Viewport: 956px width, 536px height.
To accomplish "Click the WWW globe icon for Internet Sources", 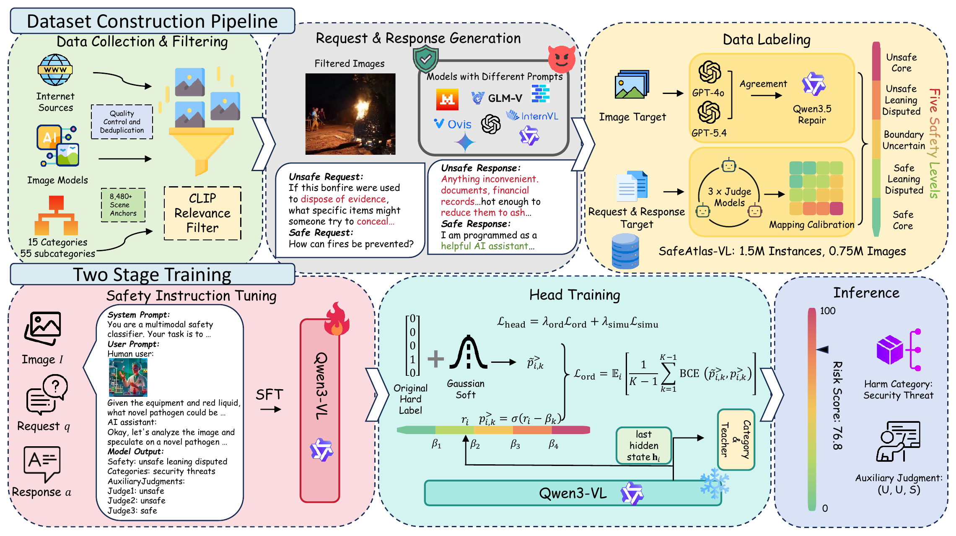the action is (55, 70).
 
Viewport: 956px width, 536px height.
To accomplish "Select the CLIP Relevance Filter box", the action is (202, 213).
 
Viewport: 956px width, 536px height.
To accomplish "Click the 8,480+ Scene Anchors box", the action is (123, 205).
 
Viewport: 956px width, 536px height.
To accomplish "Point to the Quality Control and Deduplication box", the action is (122, 122).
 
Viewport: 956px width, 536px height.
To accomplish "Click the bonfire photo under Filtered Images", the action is (350, 114).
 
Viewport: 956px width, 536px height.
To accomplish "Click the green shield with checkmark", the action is (425, 60).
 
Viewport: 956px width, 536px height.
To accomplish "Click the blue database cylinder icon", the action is (625, 251).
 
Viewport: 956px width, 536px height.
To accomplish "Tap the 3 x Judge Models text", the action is (729, 197).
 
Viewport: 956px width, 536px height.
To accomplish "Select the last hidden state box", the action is (644, 445).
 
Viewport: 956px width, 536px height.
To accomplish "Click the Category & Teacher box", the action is (736, 439).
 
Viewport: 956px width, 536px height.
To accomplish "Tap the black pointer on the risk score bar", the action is (822, 349).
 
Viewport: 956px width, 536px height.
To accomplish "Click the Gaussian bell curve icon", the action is (469, 352).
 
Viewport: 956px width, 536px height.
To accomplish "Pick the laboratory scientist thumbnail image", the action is (128, 377).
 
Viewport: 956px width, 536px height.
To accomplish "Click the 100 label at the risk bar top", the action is (828, 311).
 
